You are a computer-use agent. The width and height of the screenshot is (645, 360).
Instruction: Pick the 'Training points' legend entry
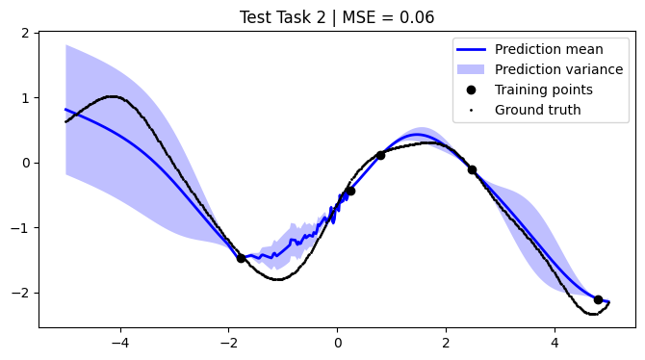[x=543, y=90]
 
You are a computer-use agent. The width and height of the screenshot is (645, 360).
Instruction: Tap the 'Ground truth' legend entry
[x=537, y=110]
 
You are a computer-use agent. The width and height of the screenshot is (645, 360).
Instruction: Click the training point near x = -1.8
[x=241, y=258]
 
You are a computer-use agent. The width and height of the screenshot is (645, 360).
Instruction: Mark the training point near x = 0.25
[x=350, y=191]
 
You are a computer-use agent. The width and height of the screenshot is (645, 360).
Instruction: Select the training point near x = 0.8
[x=380, y=155]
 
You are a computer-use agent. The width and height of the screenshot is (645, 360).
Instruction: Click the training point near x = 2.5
[x=472, y=169]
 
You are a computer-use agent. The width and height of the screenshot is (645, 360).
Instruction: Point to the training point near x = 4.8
[x=598, y=299]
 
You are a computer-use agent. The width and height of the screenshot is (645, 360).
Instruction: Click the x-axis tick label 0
[x=338, y=341]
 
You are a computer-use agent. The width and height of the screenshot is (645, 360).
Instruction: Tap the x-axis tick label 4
[x=555, y=341]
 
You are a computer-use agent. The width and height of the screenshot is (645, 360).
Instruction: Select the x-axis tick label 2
[x=446, y=341]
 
